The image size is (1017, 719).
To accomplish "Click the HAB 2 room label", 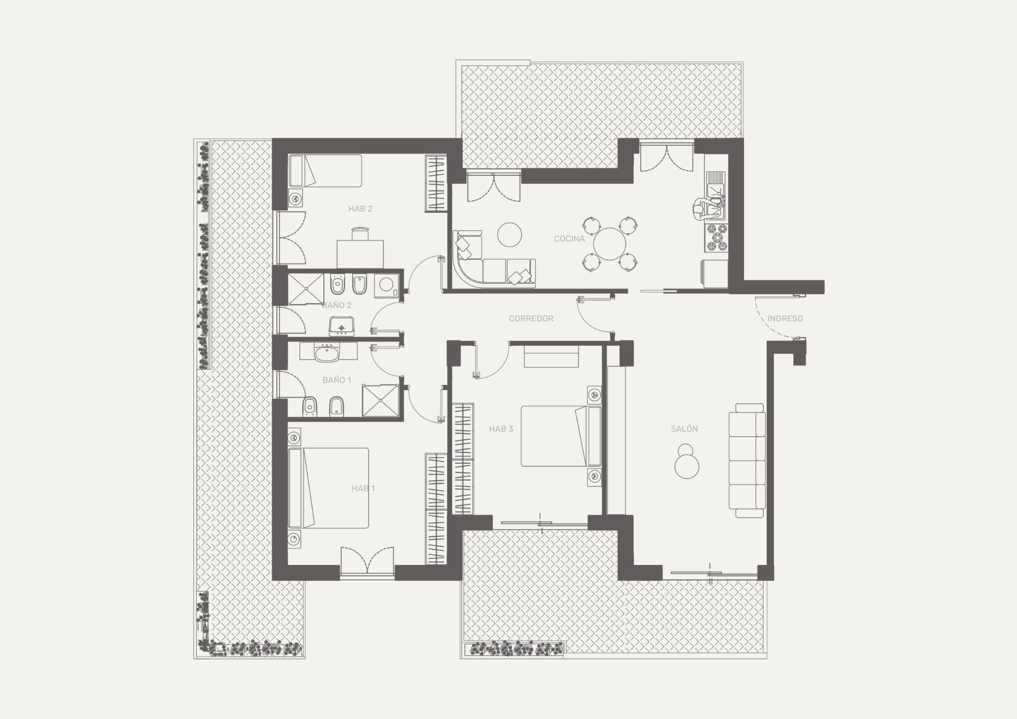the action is coord(361,208).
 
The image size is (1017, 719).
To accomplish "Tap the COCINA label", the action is coord(570,238).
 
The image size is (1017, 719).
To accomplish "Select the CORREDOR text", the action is coord(531,318).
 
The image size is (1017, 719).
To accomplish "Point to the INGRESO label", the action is coord(785,318).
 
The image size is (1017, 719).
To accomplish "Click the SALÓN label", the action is coord(684,429).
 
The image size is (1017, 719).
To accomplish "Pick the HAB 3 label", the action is coord(501,429).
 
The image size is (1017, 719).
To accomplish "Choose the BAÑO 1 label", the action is coord(337,380).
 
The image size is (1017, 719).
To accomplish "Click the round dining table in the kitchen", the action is coord(609,244).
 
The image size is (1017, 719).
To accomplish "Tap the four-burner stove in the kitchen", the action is coord(716,239).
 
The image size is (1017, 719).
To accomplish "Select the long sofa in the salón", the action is coord(747,461).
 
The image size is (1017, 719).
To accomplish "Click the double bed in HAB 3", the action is coord(561,436).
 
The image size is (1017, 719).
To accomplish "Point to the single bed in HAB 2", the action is coord(325,171).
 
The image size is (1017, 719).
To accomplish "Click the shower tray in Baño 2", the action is coord(306,289).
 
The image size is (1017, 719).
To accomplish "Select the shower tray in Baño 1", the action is coord(380,401).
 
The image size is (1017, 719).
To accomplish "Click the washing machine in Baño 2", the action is coord(386,286).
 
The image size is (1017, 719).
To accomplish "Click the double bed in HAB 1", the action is coord(328,488).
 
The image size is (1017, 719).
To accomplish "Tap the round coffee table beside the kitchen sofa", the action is coord(510,234).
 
